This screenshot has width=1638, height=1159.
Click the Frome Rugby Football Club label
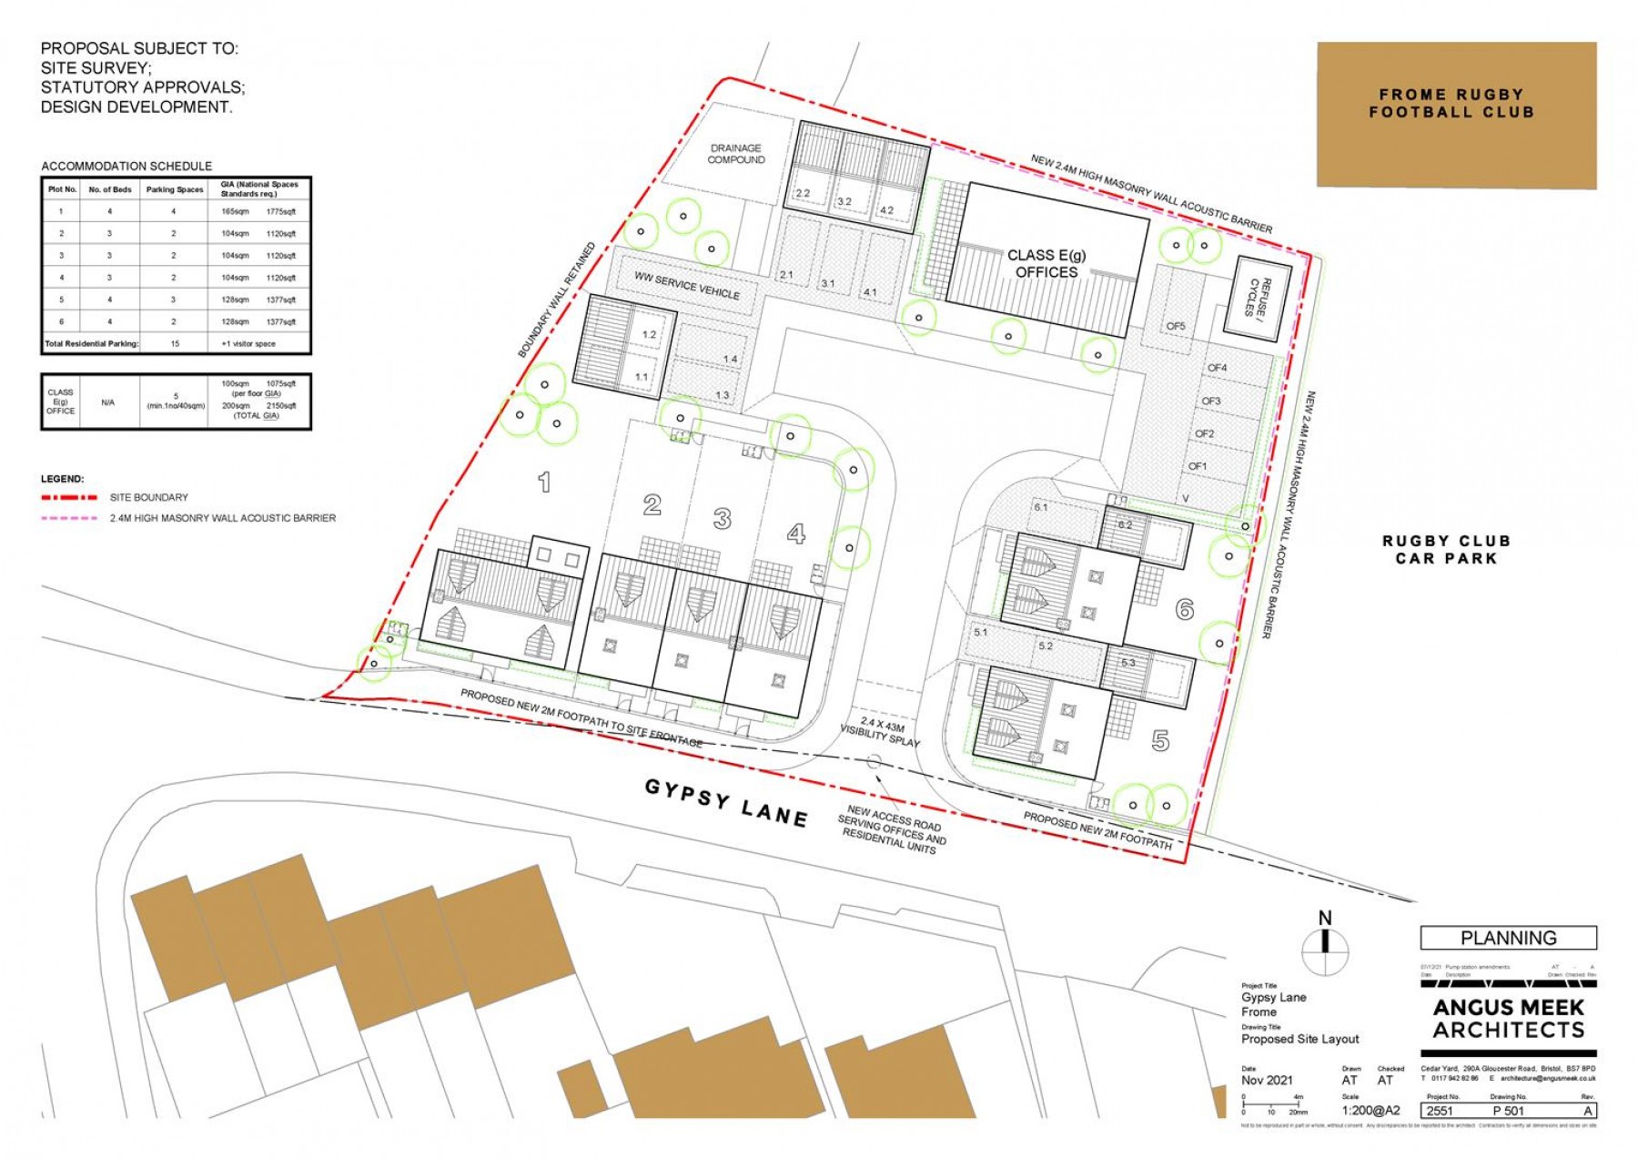coord(1451,103)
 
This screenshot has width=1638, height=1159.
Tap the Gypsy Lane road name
coord(726,802)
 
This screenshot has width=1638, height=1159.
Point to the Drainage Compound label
coord(736,154)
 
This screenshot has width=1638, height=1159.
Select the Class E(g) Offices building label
coord(1046,263)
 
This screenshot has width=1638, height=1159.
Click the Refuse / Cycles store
coord(1261,298)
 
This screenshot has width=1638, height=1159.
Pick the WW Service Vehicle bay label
coord(687,286)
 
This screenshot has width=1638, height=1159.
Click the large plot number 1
coord(544,482)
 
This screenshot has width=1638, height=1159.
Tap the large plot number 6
coord(1184,609)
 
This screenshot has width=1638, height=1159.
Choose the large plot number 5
coord(1160,741)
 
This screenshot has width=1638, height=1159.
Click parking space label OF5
coord(1176,326)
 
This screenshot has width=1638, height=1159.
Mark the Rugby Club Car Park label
coord(1446,549)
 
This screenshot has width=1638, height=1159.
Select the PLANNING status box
coord(1508,938)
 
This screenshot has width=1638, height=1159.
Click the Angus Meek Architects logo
coord(1508,1018)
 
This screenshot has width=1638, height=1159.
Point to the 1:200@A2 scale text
coord(1370,1111)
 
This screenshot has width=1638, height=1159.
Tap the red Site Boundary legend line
coord(69,498)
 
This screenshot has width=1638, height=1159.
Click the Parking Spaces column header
coord(175,189)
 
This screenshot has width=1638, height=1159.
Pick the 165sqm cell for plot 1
coord(235,212)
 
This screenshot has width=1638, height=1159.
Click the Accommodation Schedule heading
coord(126,166)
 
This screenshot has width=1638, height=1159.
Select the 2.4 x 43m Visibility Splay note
coord(879,732)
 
